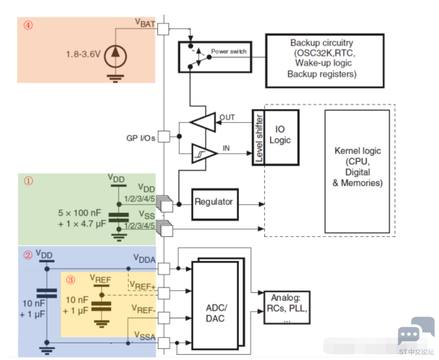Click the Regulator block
coord(215,204)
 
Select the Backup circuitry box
coord(325,61)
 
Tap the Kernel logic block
coord(357,171)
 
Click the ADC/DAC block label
coord(215,313)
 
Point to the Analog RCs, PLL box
coord(287,307)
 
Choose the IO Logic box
coord(281,138)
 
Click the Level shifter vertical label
coord(259,138)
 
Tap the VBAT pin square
coord(163,29)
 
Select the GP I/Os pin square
coord(164,136)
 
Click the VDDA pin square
coord(164,268)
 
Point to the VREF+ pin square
coord(164,293)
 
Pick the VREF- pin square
coord(164,318)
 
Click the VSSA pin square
coord(164,343)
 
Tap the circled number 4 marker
coord(28,25)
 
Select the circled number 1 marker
coord(28,181)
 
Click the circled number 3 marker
coord(70,280)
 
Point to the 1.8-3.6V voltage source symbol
coord(115,56)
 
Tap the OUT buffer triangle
coord(203,122)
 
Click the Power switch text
coord(229,52)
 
